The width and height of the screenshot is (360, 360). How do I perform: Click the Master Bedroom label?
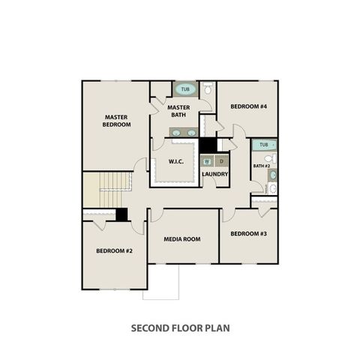click(116, 121)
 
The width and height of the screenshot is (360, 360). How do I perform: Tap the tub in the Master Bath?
click(185, 89)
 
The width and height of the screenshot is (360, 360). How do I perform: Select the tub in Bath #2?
click(264, 145)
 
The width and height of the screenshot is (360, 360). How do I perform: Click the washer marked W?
click(207, 161)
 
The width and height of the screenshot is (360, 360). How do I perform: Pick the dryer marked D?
click(221, 161)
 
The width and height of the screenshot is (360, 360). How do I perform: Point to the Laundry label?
click(215, 174)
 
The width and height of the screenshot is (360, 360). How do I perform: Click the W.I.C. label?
click(176, 161)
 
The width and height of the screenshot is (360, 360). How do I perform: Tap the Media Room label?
click(182, 239)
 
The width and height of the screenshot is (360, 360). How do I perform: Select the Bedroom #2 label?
click(114, 250)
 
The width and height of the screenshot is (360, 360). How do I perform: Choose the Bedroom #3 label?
click(249, 234)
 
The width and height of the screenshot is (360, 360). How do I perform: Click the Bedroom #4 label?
click(249, 106)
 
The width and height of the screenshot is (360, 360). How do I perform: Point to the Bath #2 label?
click(262, 166)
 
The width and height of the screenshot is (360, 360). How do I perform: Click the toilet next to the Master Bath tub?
click(208, 88)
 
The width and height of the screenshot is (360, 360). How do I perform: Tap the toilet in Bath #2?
click(271, 158)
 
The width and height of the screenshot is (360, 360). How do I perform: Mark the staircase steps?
click(111, 190)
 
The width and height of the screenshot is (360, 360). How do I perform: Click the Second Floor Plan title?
click(180, 328)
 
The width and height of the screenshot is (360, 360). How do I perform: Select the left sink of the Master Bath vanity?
click(176, 133)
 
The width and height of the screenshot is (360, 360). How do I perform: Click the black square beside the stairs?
click(121, 214)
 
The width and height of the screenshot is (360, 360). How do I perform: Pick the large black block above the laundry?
click(208, 145)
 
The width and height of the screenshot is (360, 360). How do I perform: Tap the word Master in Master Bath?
click(178, 107)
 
